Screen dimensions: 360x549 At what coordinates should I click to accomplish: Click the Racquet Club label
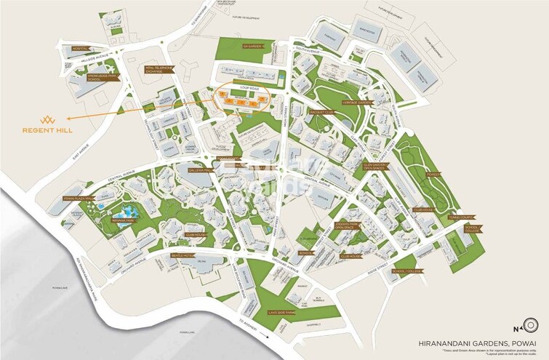coord(321,112)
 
